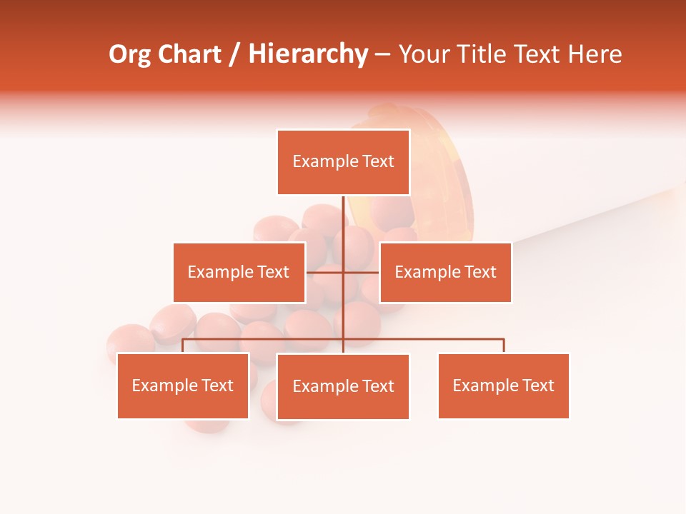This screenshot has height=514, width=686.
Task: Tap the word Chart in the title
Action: [187, 55]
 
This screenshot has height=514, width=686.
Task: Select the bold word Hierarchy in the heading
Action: [308, 55]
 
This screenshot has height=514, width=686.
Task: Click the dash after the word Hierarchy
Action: [382, 55]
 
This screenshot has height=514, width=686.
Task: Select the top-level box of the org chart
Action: [343, 162]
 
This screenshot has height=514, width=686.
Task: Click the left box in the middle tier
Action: [239, 272]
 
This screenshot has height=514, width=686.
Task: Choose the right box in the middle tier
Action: [445, 272]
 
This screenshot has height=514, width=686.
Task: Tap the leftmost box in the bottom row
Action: [183, 386]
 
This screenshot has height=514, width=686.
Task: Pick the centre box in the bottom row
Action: [343, 387]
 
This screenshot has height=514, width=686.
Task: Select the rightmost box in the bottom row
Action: [503, 386]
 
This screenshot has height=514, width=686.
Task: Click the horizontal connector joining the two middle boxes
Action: [326, 272]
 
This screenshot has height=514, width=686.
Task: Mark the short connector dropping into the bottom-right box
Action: [504, 346]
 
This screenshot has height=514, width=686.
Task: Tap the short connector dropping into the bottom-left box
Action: [183, 346]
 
